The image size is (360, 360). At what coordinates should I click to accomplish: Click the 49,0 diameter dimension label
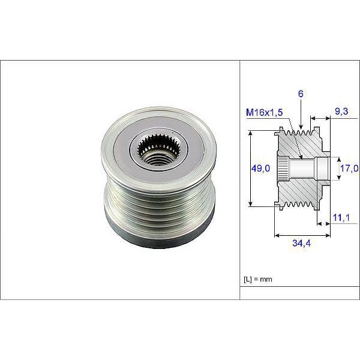pos(260,169)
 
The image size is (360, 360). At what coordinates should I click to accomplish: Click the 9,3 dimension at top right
pos(341,111)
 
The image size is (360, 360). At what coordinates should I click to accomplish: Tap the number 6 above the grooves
pos(301,94)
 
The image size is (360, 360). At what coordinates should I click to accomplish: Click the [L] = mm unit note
pos(259,280)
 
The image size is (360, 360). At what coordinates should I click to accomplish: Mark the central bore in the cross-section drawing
pos(306,168)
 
